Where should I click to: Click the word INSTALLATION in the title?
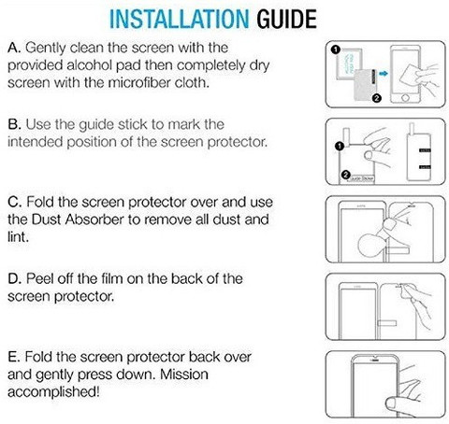pyautogui.click(x=180, y=19)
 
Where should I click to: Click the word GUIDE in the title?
pyautogui.click(x=287, y=19)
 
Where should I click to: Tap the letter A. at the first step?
pyautogui.click(x=14, y=48)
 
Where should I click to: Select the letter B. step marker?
pyautogui.click(x=14, y=124)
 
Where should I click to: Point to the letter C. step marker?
pyautogui.click(x=15, y=202)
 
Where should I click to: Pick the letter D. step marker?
pyautogui.click(x=15, y=278)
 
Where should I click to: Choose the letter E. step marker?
pyautogui.click(x=14, y=357)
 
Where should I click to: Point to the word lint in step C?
pyautogui.click(x=18, y=237)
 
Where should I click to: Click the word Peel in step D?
pyautogui.click(x=39, y=278)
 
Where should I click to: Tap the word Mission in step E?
pyautogui.click(x=184, y=375)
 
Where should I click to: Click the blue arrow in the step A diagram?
pyautogui.click(x=384, y=74)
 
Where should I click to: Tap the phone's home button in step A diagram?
pyautogui.click(x=405, y=97)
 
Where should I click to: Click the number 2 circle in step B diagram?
pyautogui.click(x=346, y=175)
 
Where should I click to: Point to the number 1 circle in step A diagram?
pyautogui.click(x=335, y=49)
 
